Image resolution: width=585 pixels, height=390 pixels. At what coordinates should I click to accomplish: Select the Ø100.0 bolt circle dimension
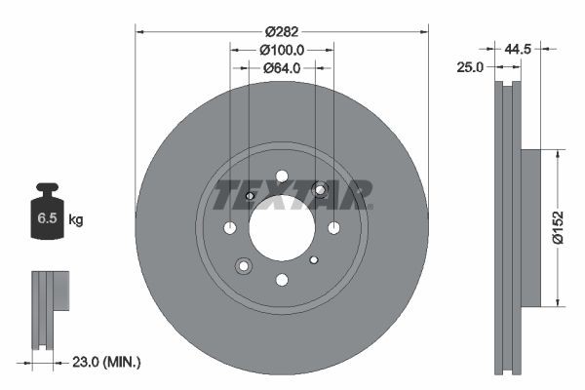(x=282, y=49)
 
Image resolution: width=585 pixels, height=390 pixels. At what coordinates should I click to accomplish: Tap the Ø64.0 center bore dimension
(x=282, y=68)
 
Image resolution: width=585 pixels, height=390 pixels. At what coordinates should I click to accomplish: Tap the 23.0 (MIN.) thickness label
(x=106, y=362)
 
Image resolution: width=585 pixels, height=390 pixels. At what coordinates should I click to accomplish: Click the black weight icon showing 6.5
(x=47, y=215)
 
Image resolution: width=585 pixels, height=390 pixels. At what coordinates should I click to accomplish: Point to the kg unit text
(x=76, y=220)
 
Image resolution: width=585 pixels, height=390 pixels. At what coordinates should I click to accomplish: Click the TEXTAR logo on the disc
(x=292, y=194)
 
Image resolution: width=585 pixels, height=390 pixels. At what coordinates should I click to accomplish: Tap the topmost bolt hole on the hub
(x=282, y=176)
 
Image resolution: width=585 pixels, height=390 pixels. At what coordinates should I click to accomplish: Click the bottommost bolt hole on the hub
(x=282, y=280)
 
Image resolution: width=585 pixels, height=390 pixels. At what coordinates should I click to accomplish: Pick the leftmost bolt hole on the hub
(x=230, y=228)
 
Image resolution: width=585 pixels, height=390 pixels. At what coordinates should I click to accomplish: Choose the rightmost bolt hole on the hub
(x=333, y=228)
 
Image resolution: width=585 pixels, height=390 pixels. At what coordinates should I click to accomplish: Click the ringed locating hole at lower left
(x=244, y=264)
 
